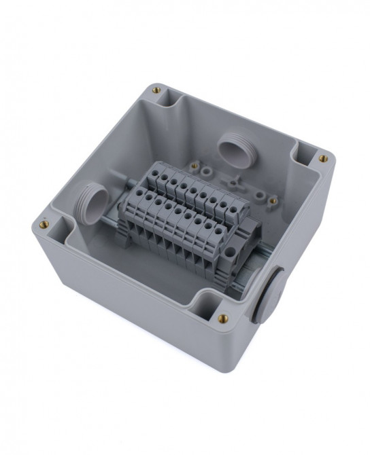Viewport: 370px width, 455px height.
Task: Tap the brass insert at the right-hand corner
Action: pos(323,159)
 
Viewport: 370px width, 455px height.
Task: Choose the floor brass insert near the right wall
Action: pos(272,201)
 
